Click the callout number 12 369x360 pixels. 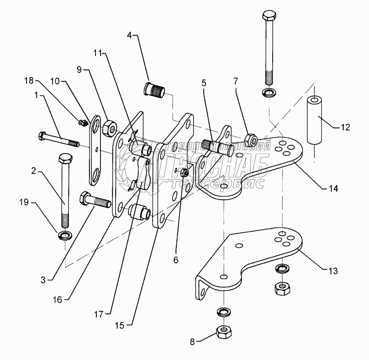(346, 127)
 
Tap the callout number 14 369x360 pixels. (333, 188)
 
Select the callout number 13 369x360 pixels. (333, 271)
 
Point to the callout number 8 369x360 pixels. (192, 342)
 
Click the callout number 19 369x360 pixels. (24, 202)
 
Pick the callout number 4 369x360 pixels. (130, 35)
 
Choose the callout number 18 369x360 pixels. (30, 81)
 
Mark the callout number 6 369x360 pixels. (176, 260)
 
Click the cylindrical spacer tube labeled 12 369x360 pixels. (314, 120)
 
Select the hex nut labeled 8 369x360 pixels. (224, 332)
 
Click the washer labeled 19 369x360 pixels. (65, 235)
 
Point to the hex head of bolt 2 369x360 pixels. (65, 159)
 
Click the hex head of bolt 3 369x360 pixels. (84, 198)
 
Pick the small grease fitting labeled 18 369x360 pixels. (82, 122)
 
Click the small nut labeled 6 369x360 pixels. (184, 173)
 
